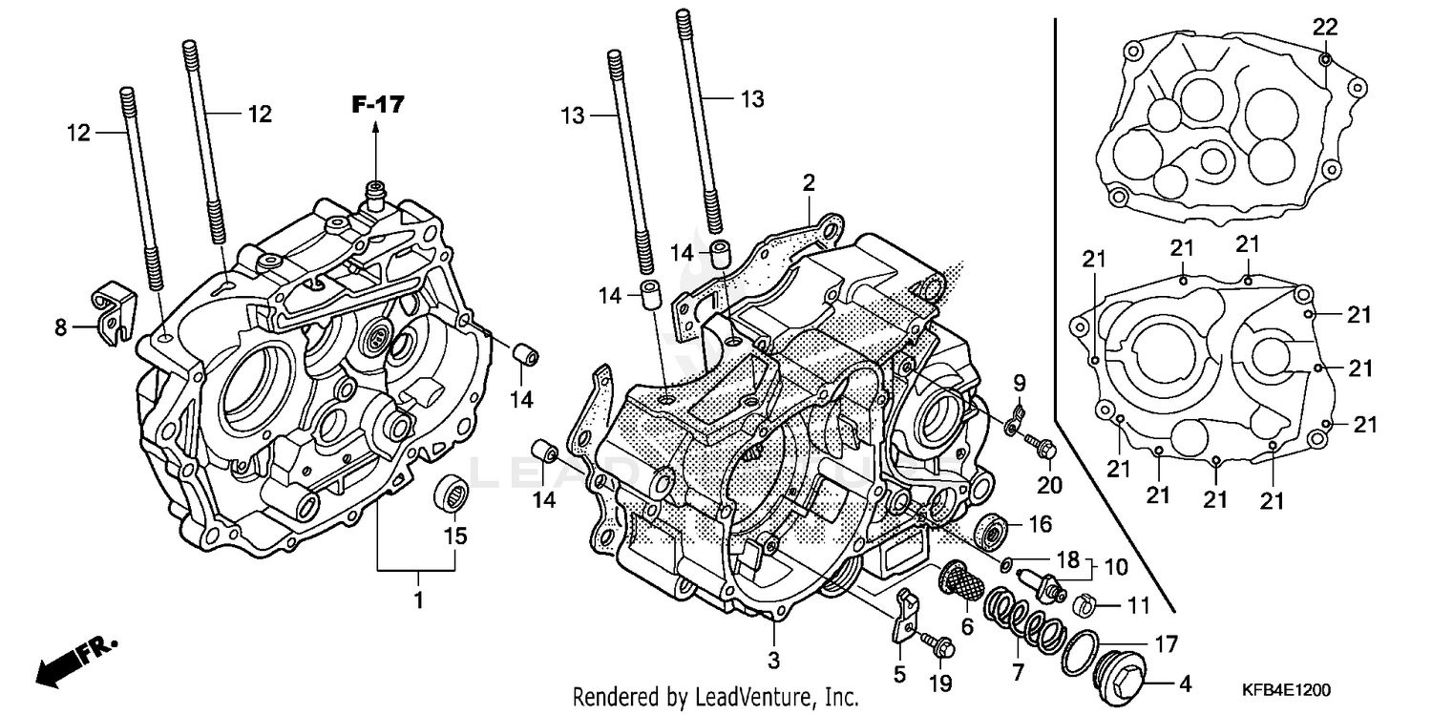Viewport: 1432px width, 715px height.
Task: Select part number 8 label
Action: click(60, 327)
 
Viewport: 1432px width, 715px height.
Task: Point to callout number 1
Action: click(417, 601)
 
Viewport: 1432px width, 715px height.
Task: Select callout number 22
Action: click(1324, 27)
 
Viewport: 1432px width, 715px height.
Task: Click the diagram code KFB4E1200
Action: click(1286, 689)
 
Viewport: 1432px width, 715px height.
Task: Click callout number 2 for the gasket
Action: click(809, 181)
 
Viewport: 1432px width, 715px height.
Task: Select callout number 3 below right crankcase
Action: click(774, 660)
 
